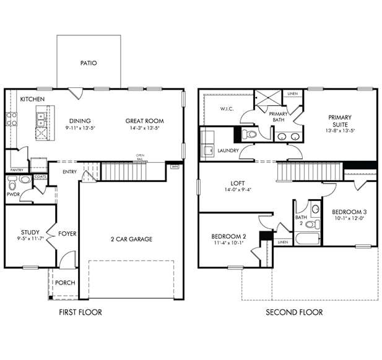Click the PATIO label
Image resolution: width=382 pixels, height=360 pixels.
coord(88,62)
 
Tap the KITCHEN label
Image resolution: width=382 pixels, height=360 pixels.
coord(32,99)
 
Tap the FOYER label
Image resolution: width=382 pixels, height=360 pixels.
coord(67,234)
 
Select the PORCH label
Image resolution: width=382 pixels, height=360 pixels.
coord(65,283)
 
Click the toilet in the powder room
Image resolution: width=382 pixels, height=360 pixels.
coord(24,180)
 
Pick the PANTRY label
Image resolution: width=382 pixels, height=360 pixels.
coord(16,169)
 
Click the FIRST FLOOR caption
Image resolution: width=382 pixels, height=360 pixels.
coord(80,312)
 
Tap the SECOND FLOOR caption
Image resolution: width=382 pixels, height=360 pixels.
coord(293,312)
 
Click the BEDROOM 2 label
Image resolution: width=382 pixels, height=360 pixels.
coord(228,236)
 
